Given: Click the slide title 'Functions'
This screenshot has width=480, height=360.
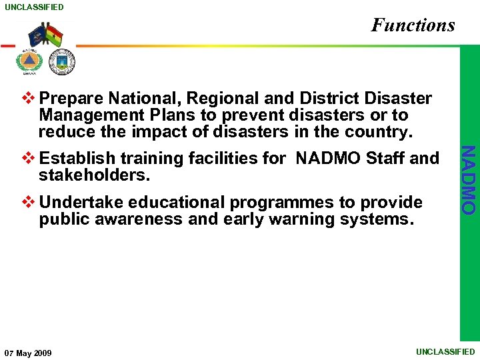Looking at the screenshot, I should pos(413,25).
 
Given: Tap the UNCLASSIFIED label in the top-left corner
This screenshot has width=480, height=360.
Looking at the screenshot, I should pos(33,7).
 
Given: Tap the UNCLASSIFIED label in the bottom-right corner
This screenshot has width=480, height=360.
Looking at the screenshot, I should pos(445,351).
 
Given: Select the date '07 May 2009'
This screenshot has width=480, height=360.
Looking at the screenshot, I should pos(28,353).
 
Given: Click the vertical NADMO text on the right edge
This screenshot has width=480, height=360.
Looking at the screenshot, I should pos(469,180).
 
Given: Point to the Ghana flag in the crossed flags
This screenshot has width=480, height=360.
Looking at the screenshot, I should pos(54,35).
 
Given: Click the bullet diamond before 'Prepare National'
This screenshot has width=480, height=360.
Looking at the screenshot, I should pos(28,99).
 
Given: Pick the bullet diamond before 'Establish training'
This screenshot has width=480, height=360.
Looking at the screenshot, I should pos(28,159).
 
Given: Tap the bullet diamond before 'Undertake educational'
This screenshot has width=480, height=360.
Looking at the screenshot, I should pos(28,202).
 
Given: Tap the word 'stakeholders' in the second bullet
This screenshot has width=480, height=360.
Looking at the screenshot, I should pos(93,175).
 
